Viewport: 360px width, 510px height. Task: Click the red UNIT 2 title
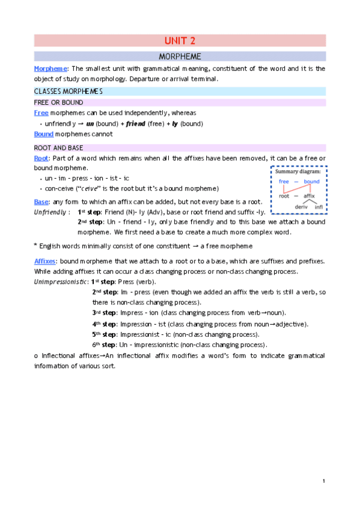180,41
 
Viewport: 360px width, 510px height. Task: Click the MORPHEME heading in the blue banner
180,57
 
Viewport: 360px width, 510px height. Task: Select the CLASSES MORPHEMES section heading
68,91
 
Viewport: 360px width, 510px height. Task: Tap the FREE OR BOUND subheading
58,102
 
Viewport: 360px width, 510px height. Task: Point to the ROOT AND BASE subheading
59,148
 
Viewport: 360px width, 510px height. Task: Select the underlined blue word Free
41,112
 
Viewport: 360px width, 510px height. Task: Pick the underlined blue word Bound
44,134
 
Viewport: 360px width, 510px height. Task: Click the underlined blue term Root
41,158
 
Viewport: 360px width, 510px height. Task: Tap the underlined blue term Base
41,201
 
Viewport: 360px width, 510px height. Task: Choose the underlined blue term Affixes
45,260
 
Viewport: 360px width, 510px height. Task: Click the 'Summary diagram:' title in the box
299,172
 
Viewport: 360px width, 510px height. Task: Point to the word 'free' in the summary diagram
284,182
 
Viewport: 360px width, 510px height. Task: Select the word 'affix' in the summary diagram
310,195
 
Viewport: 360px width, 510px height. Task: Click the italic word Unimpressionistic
60,281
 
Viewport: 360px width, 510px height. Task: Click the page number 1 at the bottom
323,481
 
